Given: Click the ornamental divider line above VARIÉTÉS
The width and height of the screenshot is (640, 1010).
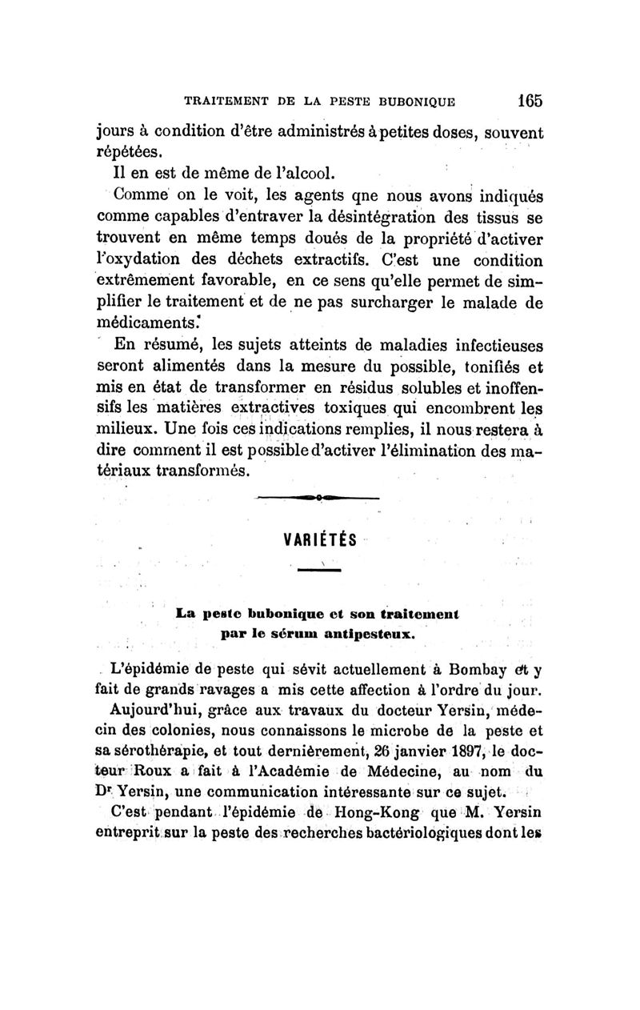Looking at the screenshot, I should pos(318,499).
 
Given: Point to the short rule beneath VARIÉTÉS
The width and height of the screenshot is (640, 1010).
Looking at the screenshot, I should pos(319,570).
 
